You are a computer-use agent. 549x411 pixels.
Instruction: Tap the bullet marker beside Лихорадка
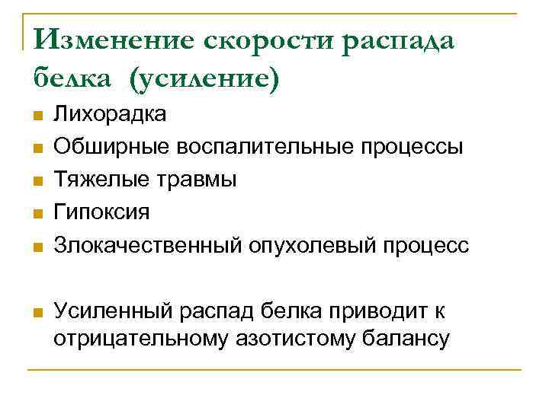point(36,116)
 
